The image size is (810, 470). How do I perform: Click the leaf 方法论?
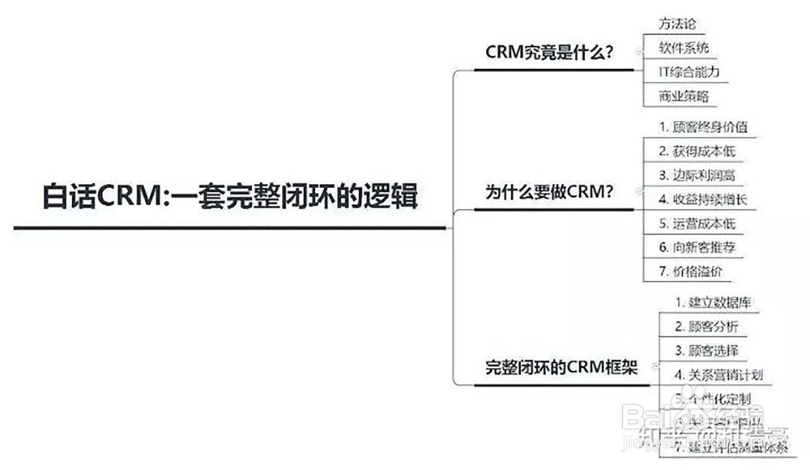coord(678,23)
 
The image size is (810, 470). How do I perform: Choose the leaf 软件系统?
coord(684,47)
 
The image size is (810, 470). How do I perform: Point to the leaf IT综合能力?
coord(688,71)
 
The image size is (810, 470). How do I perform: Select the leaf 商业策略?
coord(684,96)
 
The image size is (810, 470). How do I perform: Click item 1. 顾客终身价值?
coord(702,126)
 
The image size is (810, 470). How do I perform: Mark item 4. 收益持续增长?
coord(702,199)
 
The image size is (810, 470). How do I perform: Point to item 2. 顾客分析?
coord(706,327)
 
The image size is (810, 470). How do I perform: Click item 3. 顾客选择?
coord(706,350)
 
